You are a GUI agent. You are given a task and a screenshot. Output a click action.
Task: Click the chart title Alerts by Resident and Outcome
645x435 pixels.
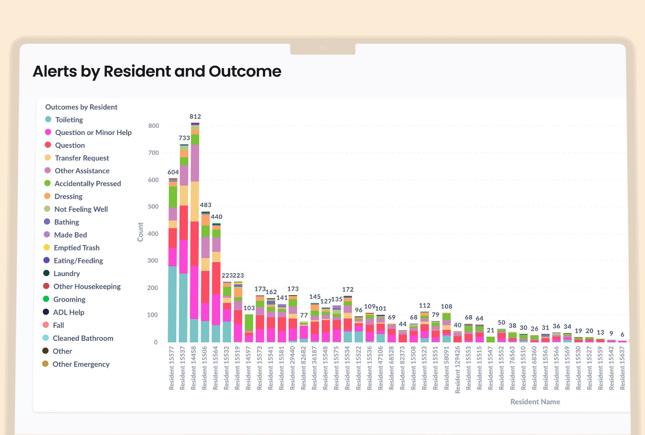[157, 71]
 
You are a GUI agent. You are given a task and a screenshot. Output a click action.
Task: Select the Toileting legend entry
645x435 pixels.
[69, 120]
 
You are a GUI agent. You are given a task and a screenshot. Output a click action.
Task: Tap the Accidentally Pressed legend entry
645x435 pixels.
[87, 184]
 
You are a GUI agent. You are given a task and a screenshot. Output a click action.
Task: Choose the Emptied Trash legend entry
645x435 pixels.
[76, 248]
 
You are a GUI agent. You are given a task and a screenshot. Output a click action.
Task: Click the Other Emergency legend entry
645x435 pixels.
[81, 364]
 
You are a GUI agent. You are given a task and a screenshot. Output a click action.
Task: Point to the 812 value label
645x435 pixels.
[195, 116]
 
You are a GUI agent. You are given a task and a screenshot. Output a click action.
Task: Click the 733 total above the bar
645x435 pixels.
[184, 138]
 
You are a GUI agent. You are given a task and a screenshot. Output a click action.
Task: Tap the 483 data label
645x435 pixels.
[206, 205]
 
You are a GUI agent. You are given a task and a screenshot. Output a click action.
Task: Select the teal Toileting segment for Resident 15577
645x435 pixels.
[173, 304]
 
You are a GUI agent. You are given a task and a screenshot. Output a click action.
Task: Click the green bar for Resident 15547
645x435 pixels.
[491, 340]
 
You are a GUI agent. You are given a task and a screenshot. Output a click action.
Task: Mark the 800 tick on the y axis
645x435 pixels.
[154, 126]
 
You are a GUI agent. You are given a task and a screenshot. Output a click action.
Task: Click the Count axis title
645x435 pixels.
[141, 232]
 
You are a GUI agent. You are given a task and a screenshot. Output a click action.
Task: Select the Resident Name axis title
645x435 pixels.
[535, 402]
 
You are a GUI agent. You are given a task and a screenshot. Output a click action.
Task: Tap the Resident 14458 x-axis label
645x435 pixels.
[194, 368]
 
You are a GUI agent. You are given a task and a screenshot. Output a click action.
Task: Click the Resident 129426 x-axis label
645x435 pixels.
[458, 369]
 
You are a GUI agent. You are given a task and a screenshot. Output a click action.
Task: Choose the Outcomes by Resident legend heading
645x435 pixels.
[81, 107]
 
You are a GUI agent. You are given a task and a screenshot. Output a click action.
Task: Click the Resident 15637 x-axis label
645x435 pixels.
[622, 368]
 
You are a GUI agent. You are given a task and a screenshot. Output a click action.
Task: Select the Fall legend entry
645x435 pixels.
[58, 325]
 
